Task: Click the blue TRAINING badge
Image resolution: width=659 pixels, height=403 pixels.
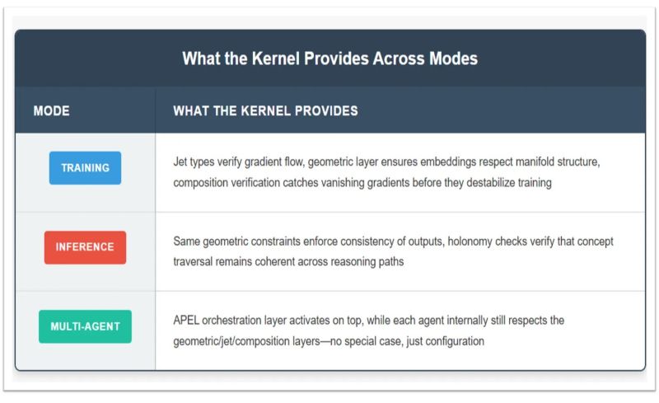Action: (85, 168)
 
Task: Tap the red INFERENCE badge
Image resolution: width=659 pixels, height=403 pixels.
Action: (85, 247)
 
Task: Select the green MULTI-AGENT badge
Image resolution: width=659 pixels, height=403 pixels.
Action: (85, 326)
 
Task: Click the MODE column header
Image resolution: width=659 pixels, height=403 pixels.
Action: (51, 110)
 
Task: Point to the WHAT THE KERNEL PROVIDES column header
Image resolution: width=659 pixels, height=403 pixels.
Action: (265, 110)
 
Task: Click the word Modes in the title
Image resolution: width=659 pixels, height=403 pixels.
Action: (452, 59)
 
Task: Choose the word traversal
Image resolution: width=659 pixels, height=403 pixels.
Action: (194, 261)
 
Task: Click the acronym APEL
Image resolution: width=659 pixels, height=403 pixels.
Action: (186, 320)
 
